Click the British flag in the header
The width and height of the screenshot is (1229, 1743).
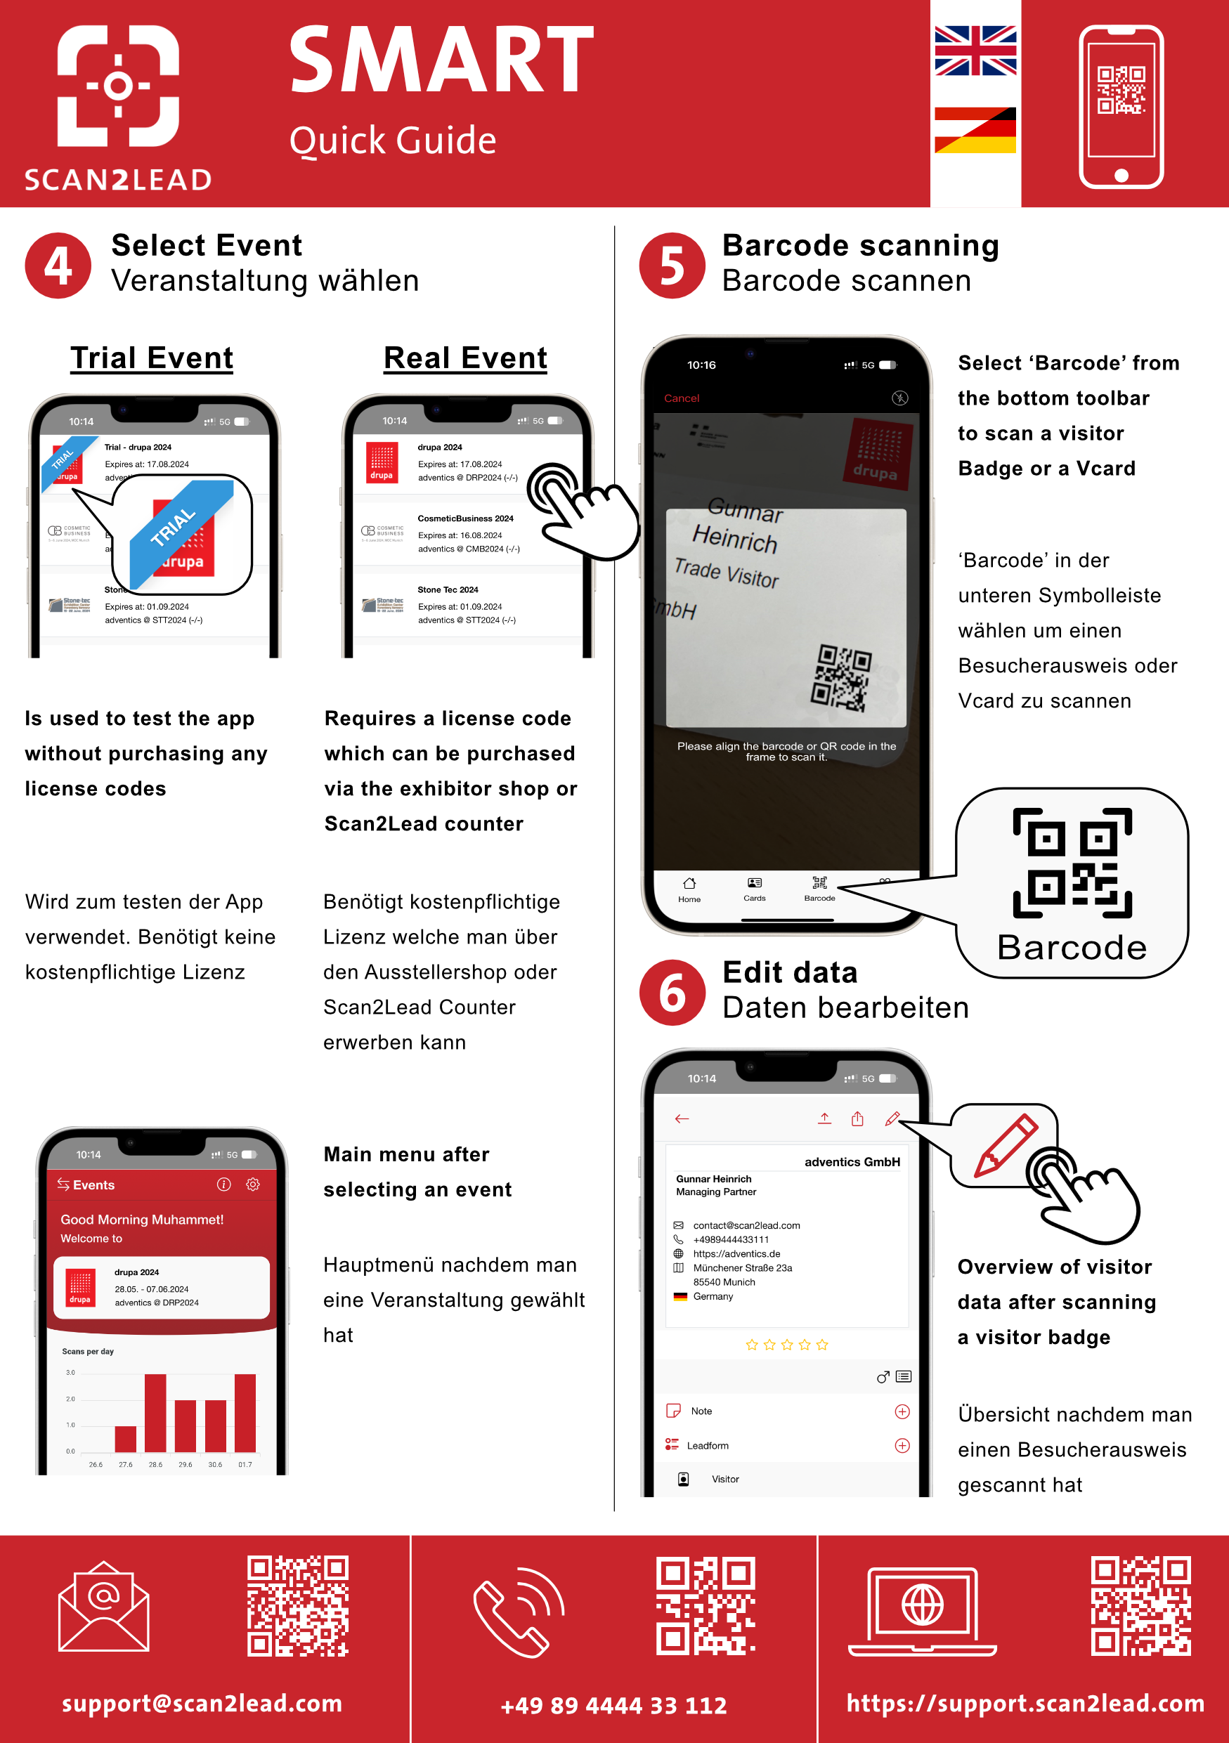[975, 51]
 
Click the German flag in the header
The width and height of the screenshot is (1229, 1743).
[975, 130]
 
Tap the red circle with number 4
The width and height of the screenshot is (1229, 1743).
[58, 266]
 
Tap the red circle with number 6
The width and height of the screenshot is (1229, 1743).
[672, 993]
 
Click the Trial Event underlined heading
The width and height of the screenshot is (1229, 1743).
[152, 358]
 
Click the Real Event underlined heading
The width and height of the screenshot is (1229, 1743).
[465, 358]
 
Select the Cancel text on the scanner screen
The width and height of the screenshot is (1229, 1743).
[681, 398]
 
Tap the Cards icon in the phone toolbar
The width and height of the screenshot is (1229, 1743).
[754, 887]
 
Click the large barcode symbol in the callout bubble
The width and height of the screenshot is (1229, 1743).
[1072, 863]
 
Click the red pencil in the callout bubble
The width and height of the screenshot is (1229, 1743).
[1005, 1146]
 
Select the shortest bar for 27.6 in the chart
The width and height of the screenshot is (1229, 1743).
[125, 1439]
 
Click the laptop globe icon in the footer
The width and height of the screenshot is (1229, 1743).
[923, 1611]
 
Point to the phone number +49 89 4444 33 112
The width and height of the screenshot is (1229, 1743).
[613, 1705]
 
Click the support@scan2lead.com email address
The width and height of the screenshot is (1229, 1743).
[202, 1703]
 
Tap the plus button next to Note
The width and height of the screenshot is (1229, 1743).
[902, 1411]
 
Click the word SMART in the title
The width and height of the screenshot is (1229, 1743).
[441, 60]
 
